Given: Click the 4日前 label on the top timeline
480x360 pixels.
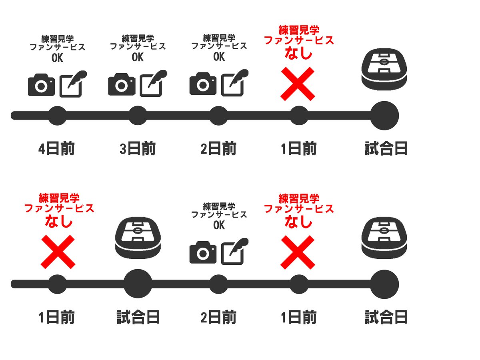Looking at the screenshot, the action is point(56,149).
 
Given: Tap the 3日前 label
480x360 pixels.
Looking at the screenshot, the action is point(138,149).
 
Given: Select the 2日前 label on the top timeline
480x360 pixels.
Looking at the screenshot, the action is point(218,149).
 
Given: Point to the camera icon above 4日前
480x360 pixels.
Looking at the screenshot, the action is point(41,85).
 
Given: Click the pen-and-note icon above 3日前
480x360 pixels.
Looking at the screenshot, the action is point(153,84).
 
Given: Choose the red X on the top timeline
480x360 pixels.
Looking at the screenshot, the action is point(298,84).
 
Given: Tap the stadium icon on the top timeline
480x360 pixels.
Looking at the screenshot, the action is point(384,69).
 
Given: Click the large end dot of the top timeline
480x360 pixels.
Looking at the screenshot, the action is point(384,116).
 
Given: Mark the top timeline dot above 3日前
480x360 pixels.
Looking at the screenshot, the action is point(138,116).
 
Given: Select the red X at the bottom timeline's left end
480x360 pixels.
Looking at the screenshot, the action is point(58,252).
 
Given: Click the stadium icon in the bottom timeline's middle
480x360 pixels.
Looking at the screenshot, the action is point(138,238).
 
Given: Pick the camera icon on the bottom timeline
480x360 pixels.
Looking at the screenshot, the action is point(203,252).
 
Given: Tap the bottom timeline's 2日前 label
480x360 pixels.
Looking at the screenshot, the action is point(218,317).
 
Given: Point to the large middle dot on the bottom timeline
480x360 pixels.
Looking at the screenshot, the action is point(138,284).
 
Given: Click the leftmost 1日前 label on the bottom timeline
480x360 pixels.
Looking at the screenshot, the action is point(56,317).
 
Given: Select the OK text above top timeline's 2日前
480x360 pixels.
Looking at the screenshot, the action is point(219,57).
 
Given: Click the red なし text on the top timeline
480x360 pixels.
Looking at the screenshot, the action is point(298,53).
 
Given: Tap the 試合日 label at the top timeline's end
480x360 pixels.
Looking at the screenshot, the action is point(386,149).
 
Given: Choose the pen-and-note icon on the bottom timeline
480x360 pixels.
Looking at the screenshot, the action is point(235,251).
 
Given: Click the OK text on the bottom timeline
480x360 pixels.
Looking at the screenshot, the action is point(219,225).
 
